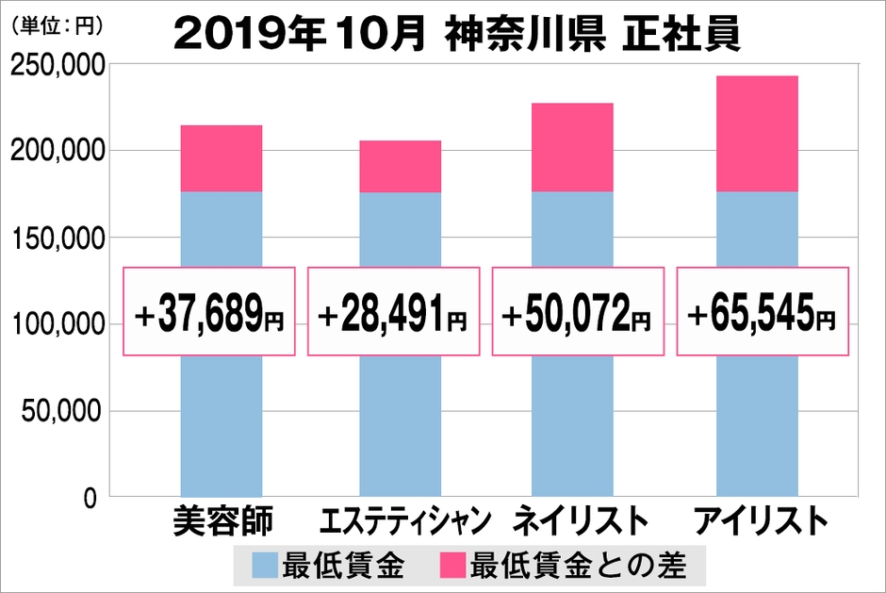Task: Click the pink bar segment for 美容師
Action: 221,158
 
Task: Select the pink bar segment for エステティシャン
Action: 400,166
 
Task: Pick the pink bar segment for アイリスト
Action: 757,133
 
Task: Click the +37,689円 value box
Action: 210,312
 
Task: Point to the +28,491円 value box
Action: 394,312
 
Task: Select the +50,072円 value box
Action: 578,312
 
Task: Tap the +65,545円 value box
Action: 763,312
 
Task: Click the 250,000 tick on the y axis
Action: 56,65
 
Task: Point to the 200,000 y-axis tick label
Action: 56,152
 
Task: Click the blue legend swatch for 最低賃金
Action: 265,566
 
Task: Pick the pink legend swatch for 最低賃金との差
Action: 455,566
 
